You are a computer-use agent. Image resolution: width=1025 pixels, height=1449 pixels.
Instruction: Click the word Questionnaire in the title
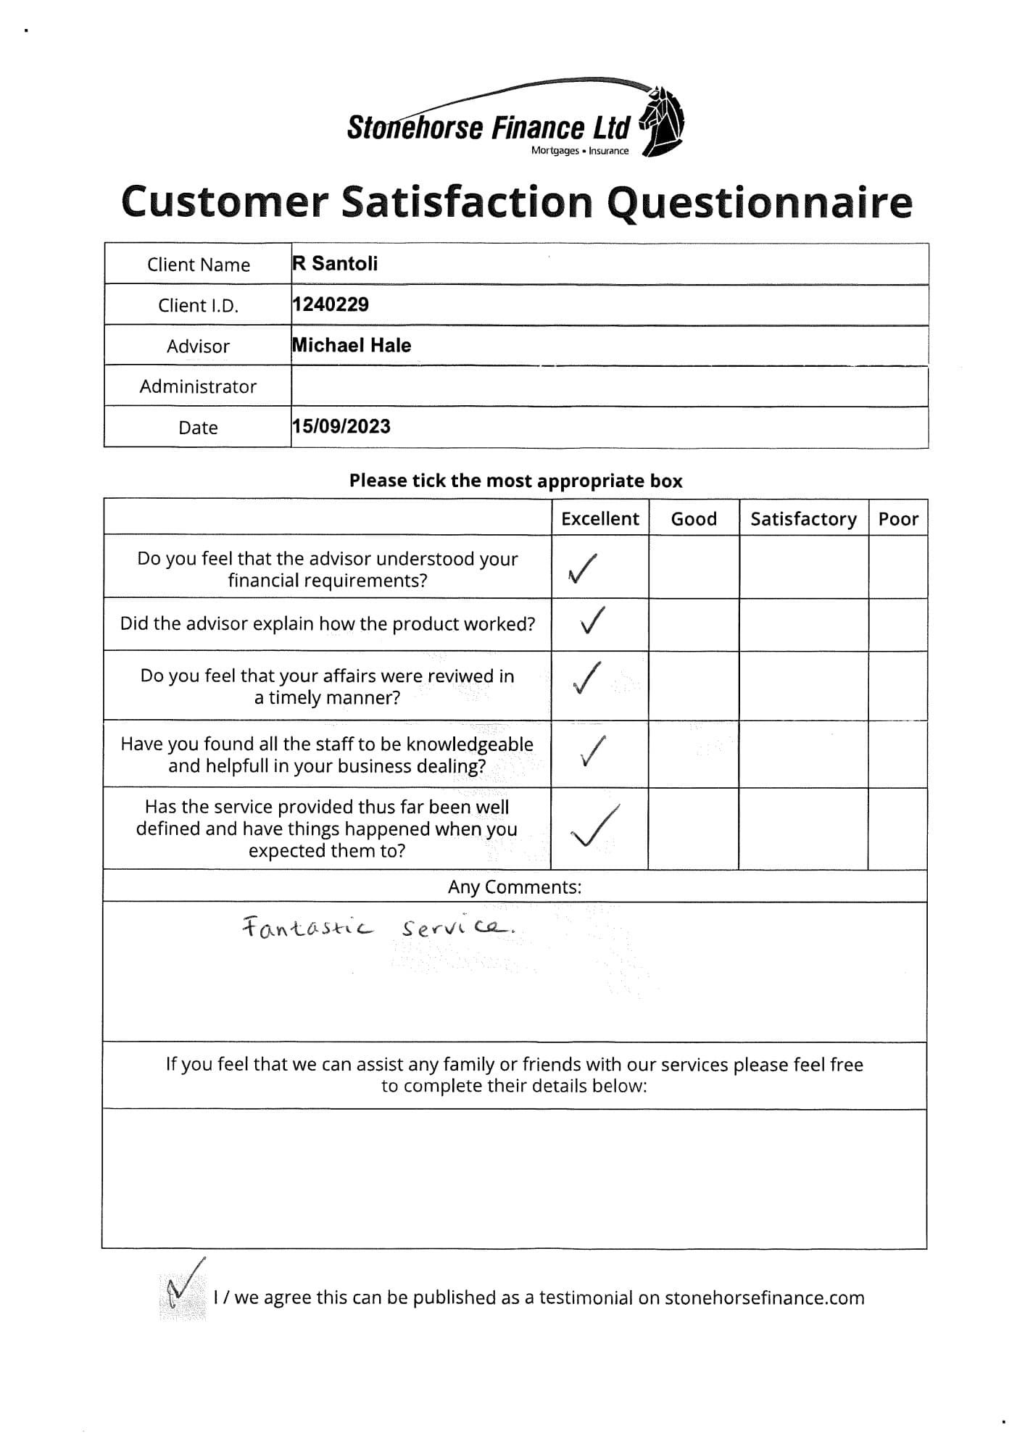[759, 202]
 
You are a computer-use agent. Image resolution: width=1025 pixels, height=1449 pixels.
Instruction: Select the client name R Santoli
[336, 263]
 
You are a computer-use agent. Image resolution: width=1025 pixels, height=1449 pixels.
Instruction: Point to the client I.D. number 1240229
[331, 304]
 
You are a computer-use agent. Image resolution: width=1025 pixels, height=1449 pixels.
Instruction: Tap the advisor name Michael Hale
[352, 345]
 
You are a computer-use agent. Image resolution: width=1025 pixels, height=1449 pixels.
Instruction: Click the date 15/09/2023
[341, 426]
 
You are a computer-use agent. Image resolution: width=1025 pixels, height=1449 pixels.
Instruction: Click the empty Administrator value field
[609, 386]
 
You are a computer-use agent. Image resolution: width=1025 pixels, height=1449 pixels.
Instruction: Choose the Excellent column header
[600, 519]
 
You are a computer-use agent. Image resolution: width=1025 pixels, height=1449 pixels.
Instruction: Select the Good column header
[694, 519]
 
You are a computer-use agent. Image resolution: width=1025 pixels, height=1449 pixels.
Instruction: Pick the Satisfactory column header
[803, 519]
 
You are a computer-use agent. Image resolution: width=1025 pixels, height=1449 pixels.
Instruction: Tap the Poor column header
[898, 519]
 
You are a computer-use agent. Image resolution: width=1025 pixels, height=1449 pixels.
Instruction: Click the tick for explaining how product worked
[592, 620]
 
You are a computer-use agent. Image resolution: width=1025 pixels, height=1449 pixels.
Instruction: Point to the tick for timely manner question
[586, 678]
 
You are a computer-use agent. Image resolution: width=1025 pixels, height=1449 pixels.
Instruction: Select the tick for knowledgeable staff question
[592, 752]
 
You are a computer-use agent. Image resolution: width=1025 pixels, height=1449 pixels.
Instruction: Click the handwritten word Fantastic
[307, 928]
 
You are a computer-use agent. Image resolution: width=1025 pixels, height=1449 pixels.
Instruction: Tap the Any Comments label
[514, 887]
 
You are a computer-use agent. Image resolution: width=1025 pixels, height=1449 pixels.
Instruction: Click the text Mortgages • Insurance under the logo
[580, 151]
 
